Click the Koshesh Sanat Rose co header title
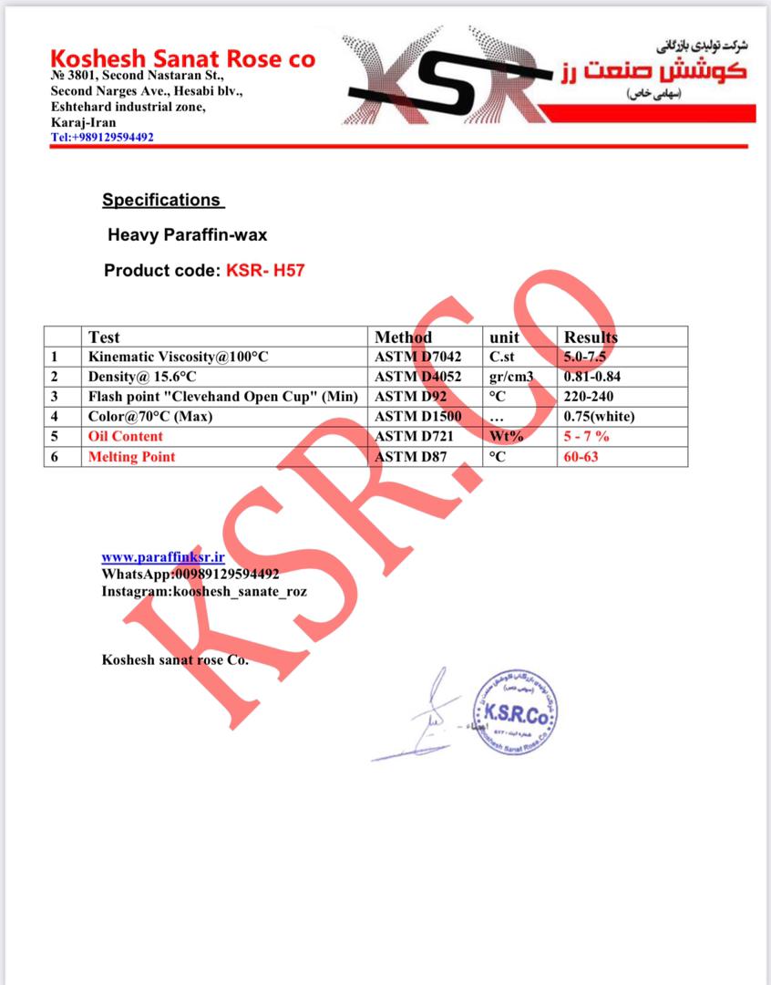tap(183, 59)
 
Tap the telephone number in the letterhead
tap(102, 137)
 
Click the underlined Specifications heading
tap(161, 200)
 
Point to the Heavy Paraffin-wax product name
tap(187, 234)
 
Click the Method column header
tap(404, 337)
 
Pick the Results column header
tap(591, 337)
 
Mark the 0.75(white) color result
tap(599, 417)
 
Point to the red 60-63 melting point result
tap(581, 457)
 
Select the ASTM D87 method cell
tap(411, 457)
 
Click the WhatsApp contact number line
tap(190, 574)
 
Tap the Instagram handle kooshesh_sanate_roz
tap(204, 591)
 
